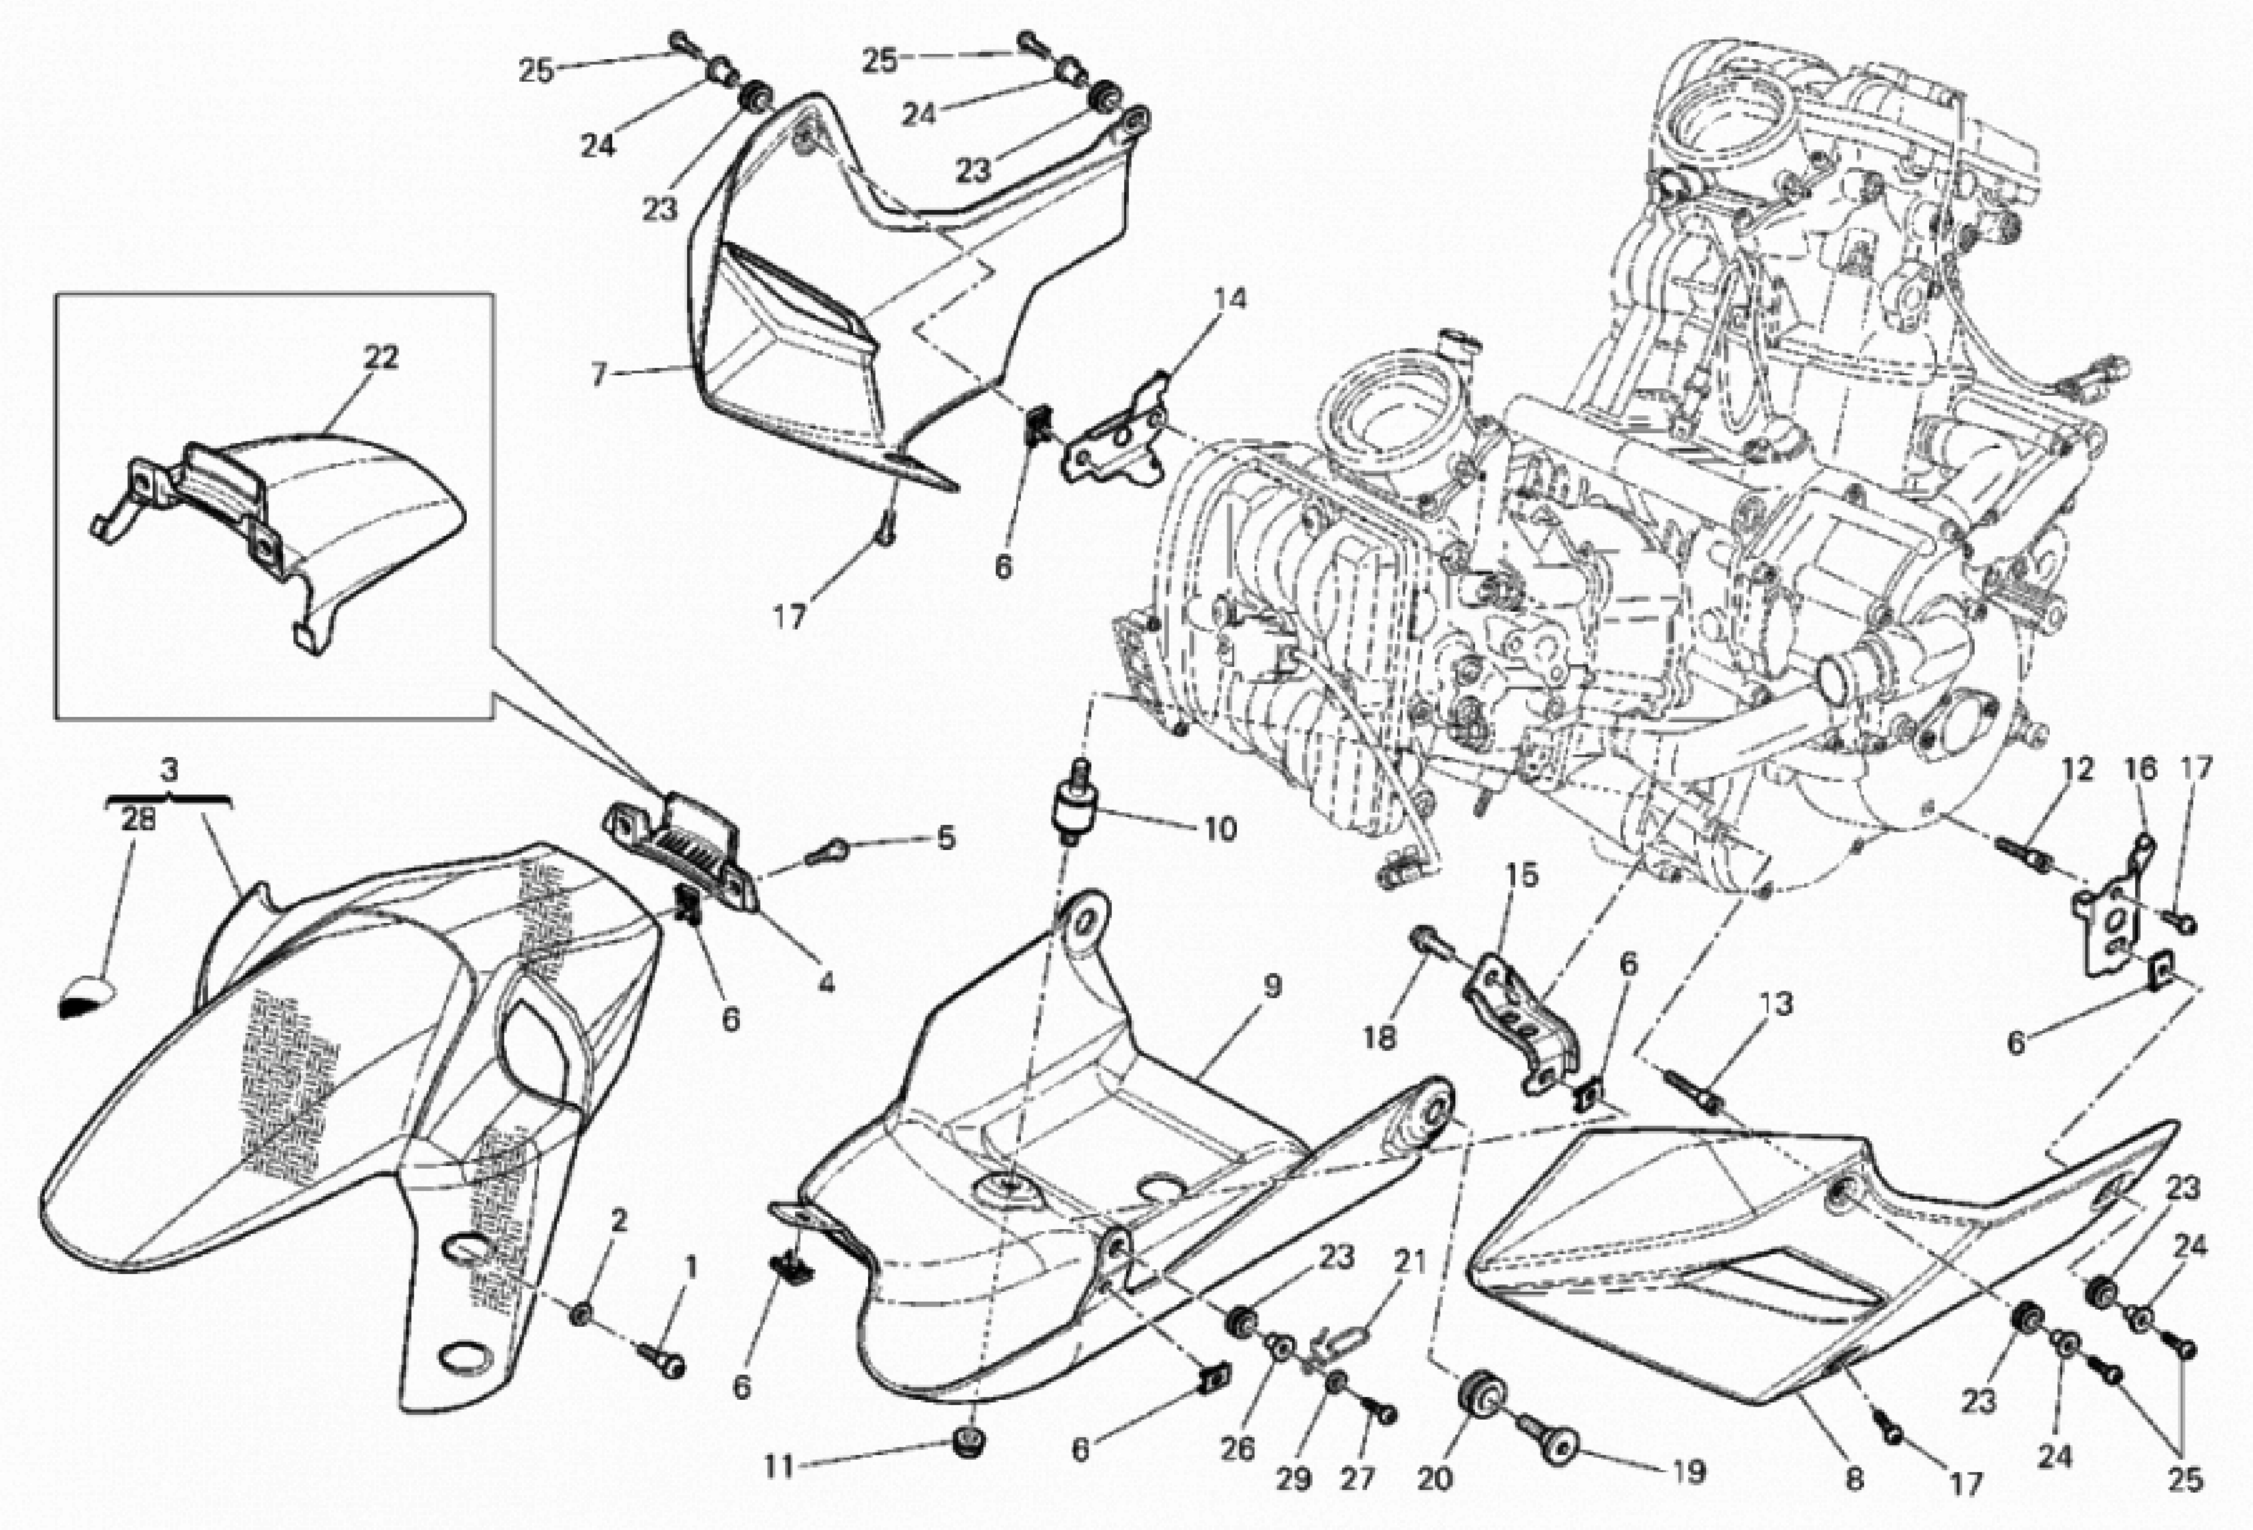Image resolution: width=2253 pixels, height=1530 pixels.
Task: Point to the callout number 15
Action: point(1522,875)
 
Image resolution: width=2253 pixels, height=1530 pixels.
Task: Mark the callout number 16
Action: point(2141,769)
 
